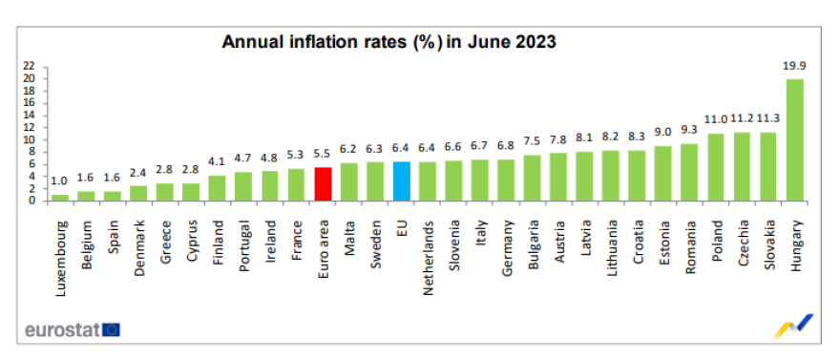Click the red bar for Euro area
[x=324, y=183]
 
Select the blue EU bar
[x=401, y=180]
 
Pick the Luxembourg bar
[x=60, y=197]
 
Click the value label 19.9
[x=794, y=67]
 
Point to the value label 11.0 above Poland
[x=716, y=121]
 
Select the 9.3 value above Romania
[x=690, y=132]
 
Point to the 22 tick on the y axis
[x=31, y=66]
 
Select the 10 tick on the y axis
[x=31, y=139]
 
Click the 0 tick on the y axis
[x=33, y=201]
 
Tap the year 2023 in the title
[x=535, y=42]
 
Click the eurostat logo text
[x=59, y=329]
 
